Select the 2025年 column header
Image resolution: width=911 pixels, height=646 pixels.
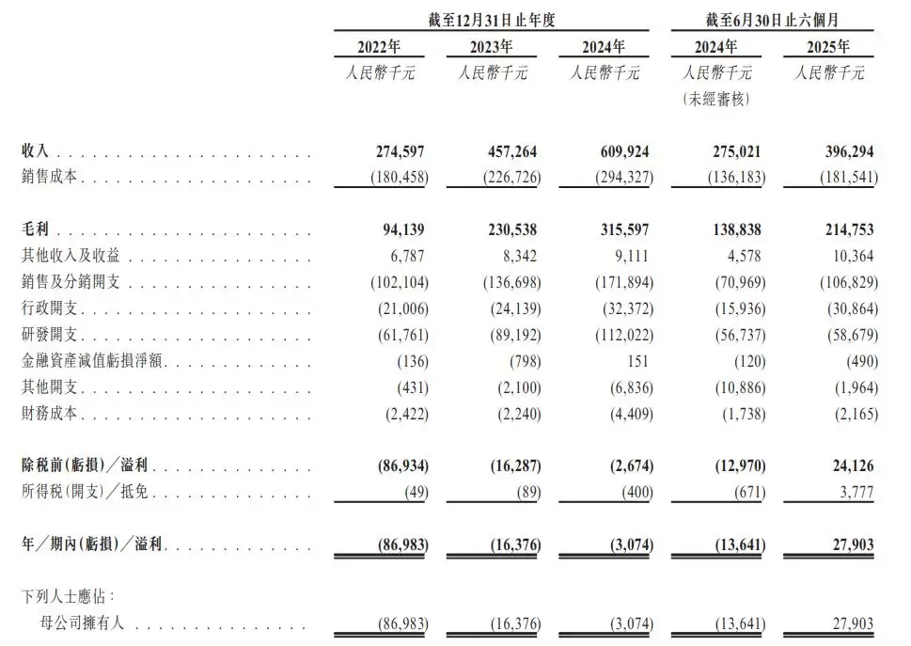(828, 47)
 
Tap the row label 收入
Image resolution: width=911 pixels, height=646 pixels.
(38, 150)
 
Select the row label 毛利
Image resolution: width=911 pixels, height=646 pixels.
(38, 230)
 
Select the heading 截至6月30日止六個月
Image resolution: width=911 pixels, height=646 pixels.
(772, 18)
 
